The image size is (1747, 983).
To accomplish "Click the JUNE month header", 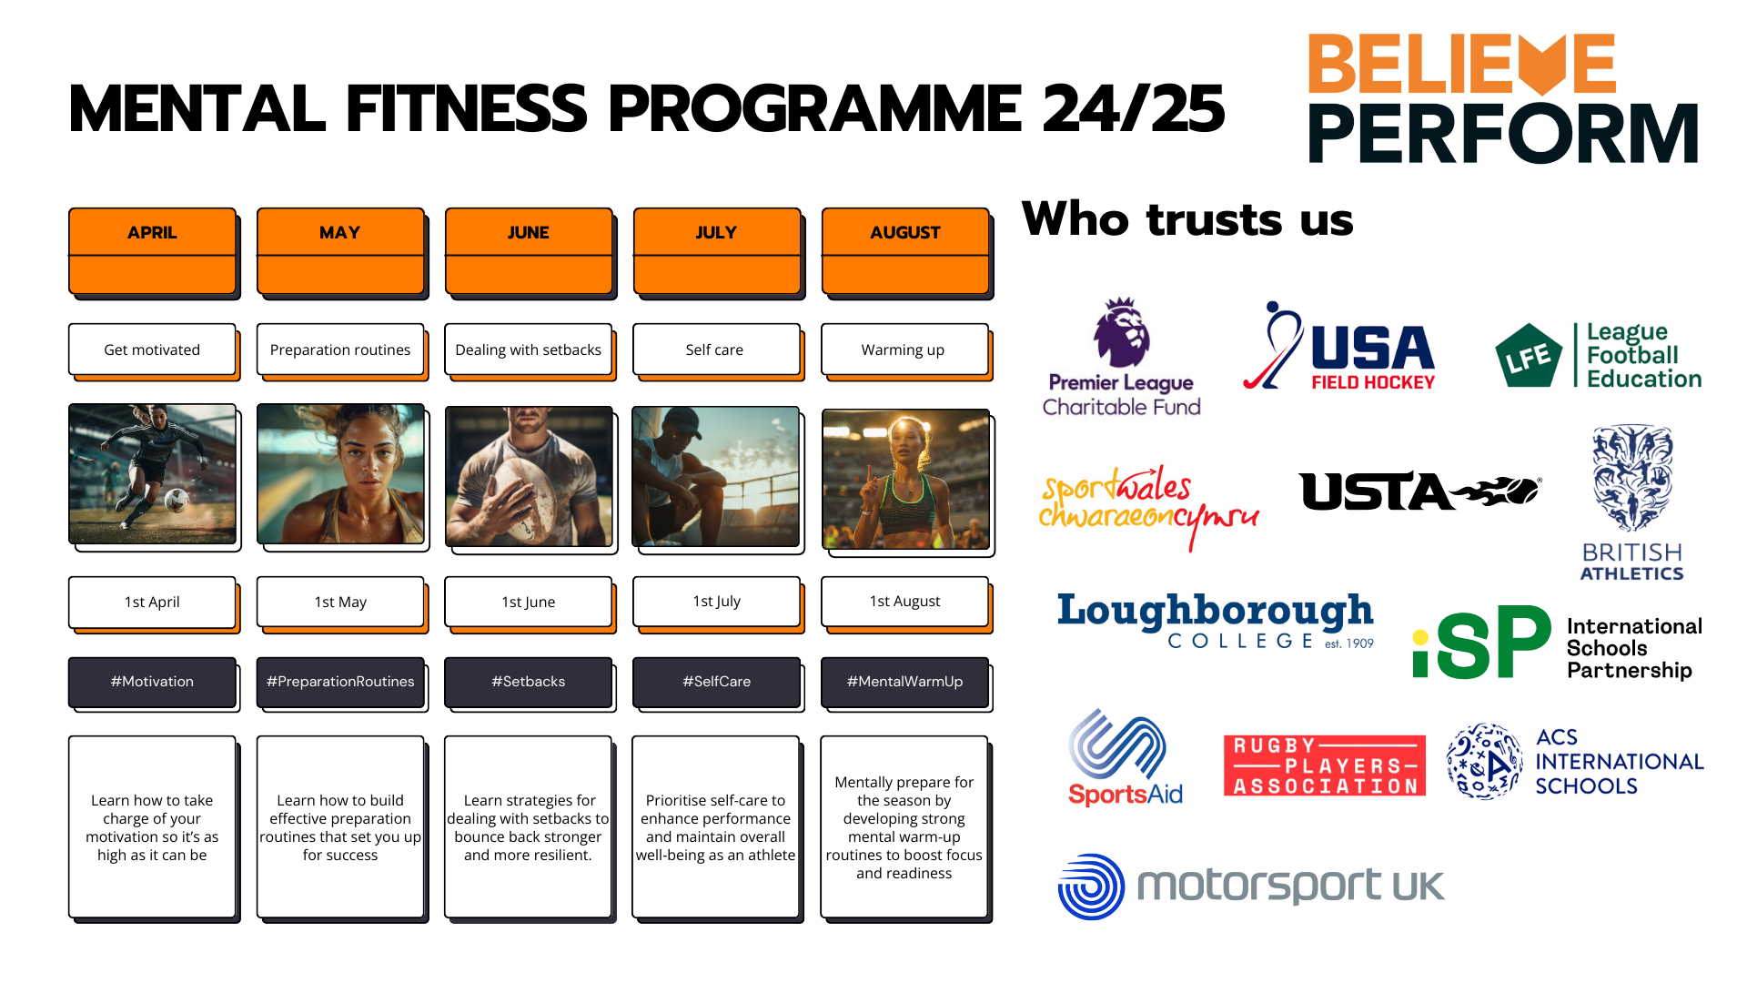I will point(528,233).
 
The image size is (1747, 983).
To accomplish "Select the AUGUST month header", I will point(904,233).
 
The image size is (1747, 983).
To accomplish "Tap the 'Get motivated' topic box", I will point(152,350).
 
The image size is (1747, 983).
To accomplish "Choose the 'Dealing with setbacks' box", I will point(528,350).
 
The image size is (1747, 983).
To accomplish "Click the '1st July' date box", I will point(716,602).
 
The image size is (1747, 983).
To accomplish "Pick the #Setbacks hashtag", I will point(528,682).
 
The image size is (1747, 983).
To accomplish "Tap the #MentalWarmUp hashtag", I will point(904,682).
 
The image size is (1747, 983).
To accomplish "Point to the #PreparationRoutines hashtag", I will point(339,682).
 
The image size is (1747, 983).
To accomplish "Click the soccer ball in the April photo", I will point(177,501).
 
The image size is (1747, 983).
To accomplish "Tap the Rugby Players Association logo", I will point(1324,765).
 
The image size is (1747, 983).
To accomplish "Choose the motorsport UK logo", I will point(1251,886).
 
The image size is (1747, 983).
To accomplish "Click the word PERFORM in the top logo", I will point(1502,134).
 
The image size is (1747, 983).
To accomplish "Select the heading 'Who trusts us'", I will point(1187,219).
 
